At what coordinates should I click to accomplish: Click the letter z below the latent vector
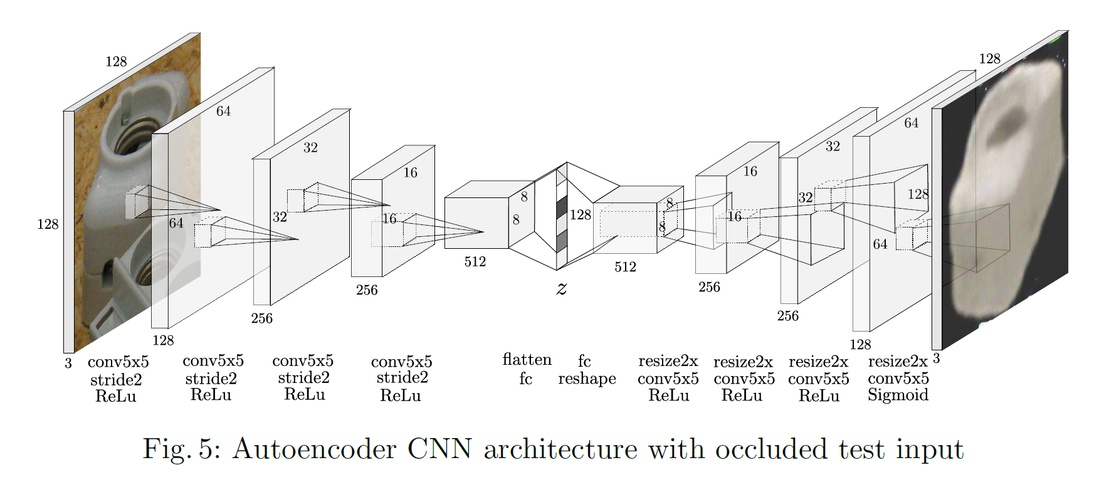point(562,288)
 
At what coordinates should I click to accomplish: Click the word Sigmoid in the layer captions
point(898,395)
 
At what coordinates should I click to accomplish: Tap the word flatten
point(527,360)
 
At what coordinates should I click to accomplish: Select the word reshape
point(587,379)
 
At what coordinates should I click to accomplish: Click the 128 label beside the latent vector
point(581,215)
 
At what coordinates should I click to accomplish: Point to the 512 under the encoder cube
point(475,262)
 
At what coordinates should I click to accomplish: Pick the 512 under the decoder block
point(625,267)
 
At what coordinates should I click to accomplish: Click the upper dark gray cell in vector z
point(562,207)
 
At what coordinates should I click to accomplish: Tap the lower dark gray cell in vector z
point(562,241)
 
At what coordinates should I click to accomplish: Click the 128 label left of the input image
point(48,224)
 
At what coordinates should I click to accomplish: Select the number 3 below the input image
point(68,364)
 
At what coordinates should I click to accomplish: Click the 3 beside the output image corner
point(937,359)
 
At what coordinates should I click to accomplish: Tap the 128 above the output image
point(989,59)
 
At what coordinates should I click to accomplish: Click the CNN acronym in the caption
point(439,449)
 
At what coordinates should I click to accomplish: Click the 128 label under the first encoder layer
point(163,340)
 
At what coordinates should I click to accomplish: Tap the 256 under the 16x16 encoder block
point(367,290)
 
